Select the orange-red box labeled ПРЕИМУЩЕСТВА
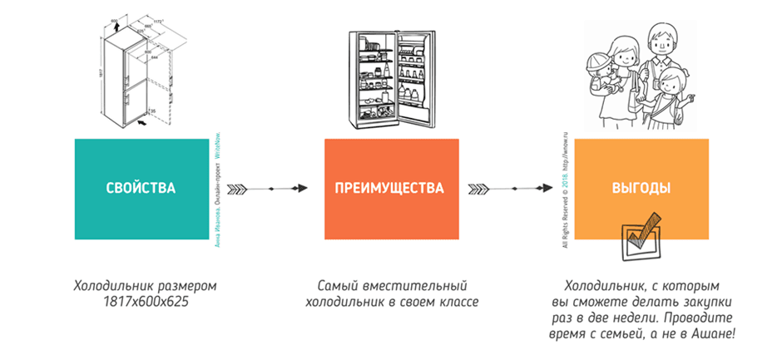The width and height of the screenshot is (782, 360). (389, 189)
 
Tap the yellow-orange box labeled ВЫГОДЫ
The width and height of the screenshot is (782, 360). (641, 189)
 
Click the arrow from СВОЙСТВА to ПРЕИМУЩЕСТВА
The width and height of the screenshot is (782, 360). (266, 189)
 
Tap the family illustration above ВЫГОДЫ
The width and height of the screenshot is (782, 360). (641, 71)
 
